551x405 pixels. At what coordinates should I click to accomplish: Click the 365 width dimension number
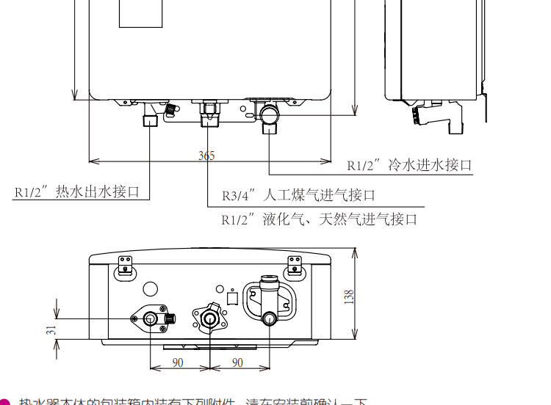pos(206,156)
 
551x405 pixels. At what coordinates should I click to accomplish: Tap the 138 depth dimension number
pos(350,297)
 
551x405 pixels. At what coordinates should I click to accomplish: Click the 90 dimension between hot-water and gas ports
pos(178,362)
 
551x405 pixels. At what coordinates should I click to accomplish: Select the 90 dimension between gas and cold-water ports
pos(237,362)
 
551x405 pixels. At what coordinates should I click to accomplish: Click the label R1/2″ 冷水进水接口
pos(409,166)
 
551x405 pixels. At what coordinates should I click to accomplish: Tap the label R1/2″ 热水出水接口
pos(77,191)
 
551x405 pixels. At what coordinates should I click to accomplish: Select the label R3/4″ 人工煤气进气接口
pos(298,195)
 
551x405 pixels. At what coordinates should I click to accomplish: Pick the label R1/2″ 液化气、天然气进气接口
pos(320,219)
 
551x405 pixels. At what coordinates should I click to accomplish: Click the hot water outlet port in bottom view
pos(151,319)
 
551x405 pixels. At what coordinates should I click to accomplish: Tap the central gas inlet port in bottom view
pos(209,319)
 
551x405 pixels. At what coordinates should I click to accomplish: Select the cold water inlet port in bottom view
pos(269,318)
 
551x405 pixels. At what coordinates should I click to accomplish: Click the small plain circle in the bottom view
pos(150,290)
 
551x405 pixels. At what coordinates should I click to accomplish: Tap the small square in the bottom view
pos(232,299)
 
